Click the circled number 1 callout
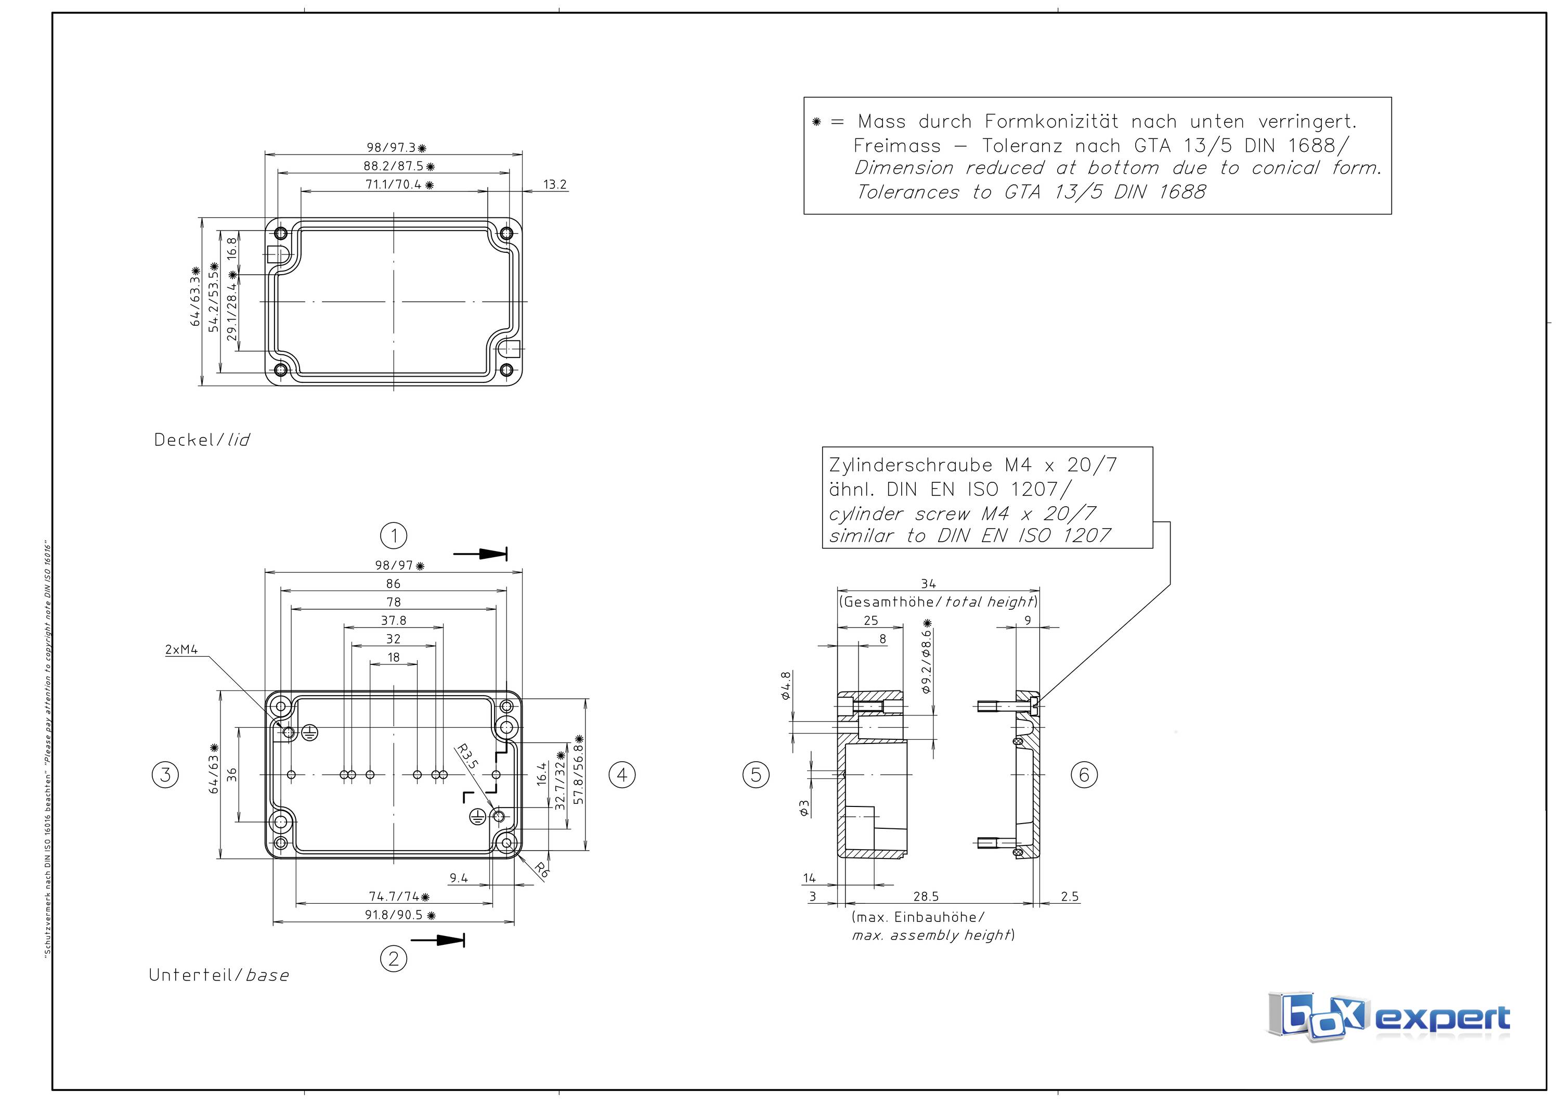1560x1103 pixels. pyautogui.click(x=394, y=535)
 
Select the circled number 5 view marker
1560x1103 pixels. pyautogui.click(x=756, y=774)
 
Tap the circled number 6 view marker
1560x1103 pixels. pyautogui.click(x=1084, y=774)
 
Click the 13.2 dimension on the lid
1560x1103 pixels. pyautogui.click(x=554, y=184)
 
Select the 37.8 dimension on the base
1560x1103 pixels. pyautogui.click(x=394, y=621)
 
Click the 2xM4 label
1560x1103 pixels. pyautogui.click(x=181, y=650)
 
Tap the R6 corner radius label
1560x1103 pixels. pyautogui.click(x=541, y=870)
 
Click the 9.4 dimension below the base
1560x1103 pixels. pyautogui.click(x=459, y=878)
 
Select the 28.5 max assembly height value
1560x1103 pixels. pyautogui.click(x=926, y=896)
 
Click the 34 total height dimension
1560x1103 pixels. pyautogui.click(x=928, y=584)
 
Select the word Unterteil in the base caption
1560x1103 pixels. pyautogui.click(x=190, y=974)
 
